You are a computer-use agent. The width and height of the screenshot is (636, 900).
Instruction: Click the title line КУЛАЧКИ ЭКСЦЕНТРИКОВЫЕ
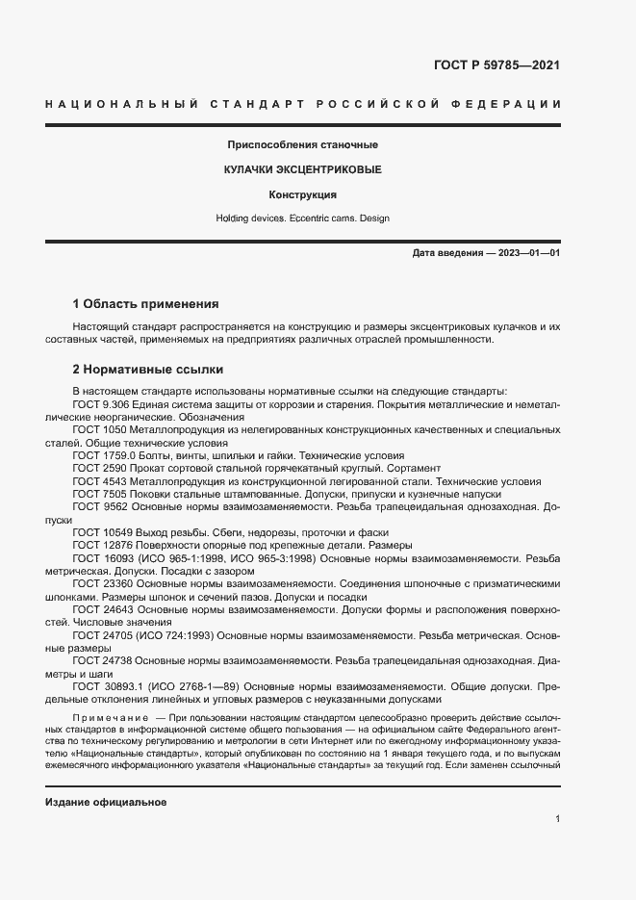point(302,169)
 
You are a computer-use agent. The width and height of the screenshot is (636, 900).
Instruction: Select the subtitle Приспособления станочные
point(302,144)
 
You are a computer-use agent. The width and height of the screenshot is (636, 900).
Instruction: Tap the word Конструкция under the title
point(302,194)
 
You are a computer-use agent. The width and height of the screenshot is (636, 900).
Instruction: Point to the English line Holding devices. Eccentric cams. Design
point(302,219)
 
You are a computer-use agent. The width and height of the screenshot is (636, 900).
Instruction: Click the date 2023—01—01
point(525,252)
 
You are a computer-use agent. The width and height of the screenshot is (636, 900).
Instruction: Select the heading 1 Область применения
point(145,303)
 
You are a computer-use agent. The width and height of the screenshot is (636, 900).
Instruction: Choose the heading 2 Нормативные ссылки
point(146,371)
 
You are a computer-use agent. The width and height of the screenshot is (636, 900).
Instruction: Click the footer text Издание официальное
point(106,803)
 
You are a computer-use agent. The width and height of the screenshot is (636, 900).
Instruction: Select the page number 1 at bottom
point(557,819)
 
